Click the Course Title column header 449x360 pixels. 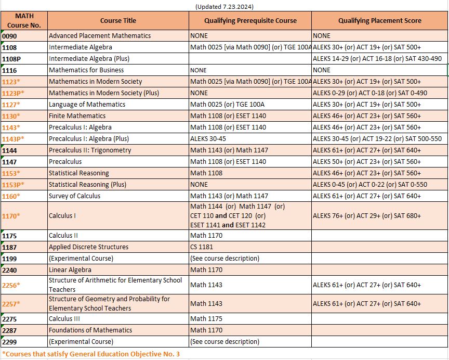point(118,20)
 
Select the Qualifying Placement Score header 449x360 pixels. point(379,20)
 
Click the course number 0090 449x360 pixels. point(9,36)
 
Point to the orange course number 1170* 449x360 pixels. point(11,215)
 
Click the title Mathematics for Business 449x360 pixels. point(86,70)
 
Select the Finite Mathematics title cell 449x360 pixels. point(77,116)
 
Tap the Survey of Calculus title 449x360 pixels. point(74,196)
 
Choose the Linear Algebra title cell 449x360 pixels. point(70,270)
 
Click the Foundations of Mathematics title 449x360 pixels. point(90,330)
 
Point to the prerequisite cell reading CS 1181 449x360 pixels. point(203,247)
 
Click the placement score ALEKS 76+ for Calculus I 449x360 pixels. point(367,215)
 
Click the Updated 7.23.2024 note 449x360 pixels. point(224,6)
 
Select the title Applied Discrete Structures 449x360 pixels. point(88,247)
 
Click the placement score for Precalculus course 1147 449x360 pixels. point(367,162)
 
